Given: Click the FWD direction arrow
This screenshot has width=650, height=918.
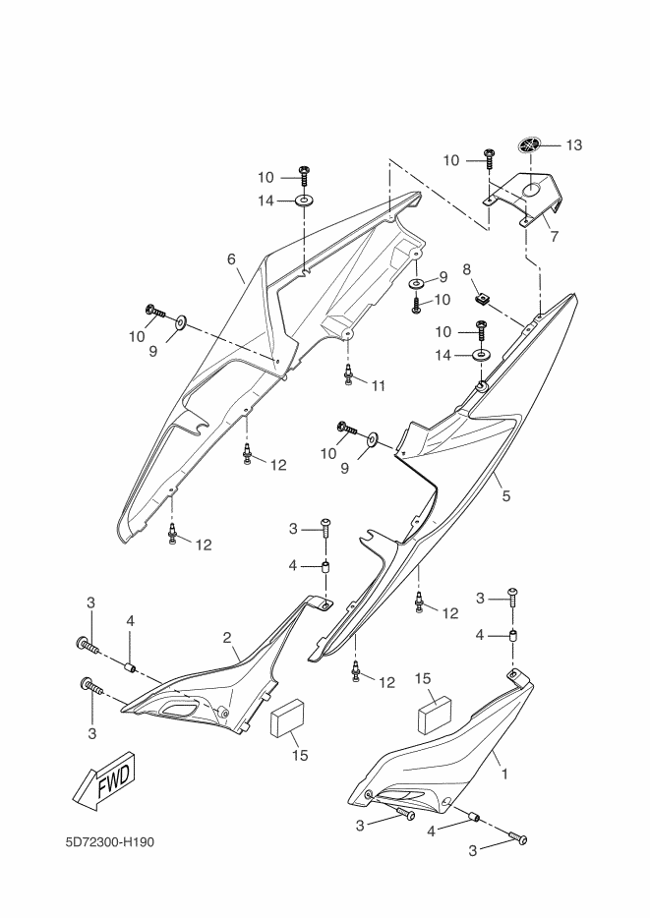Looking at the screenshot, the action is coord(104,781).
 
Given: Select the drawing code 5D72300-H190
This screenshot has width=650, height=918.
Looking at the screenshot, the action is coord(110,842).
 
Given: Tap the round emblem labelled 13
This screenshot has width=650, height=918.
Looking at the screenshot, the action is coord(530,145).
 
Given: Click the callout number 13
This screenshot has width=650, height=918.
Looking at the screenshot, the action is coord(574,145).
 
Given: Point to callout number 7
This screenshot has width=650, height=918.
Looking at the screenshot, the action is coord(554,237).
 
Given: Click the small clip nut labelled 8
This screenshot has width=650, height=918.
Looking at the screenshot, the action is coord(481,299).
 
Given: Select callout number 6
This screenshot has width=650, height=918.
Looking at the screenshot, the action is coord(231,258).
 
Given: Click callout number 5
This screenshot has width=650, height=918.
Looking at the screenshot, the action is coord(506,496).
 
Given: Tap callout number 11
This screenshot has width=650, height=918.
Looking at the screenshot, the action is coord(379,386).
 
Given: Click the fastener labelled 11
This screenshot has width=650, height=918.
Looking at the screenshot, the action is coord(348,374).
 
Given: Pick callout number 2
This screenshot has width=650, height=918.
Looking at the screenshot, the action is coord(227,638).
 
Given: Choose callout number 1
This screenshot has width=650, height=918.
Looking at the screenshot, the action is coord(504,774).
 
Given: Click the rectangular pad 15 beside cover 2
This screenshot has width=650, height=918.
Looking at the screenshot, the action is coord(287,718).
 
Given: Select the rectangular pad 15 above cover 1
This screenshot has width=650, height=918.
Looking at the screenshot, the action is coord(435,714).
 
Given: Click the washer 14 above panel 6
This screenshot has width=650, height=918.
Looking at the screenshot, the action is coord(303,201).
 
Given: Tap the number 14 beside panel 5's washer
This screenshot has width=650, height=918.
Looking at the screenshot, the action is coord(443,356).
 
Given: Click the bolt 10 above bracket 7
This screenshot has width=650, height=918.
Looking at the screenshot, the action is coord(488,158).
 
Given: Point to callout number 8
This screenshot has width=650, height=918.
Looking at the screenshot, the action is coord(467,270).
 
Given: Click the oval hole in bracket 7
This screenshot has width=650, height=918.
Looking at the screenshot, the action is coord(532,189).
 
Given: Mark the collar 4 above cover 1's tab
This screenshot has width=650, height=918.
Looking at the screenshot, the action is coord(513,635).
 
